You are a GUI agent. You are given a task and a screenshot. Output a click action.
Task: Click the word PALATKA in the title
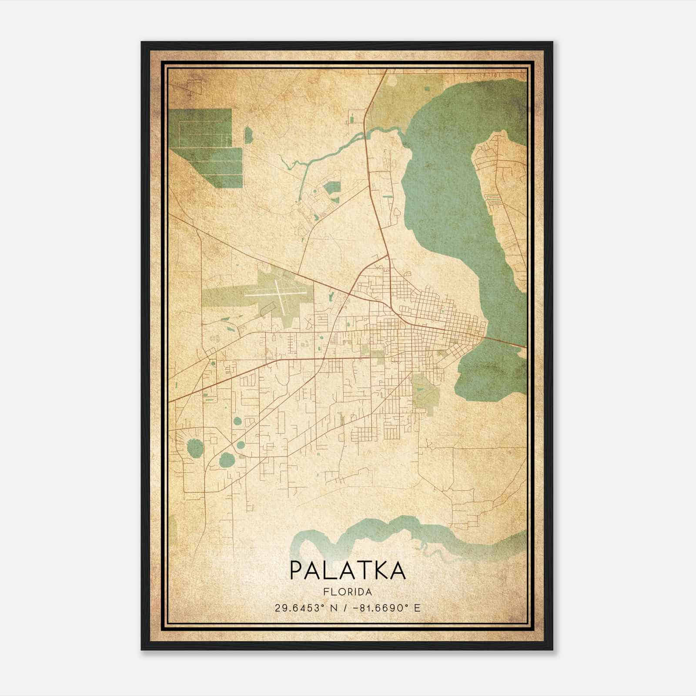(x=347, y=571)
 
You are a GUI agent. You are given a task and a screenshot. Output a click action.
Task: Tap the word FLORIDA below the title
(x=348, y=592)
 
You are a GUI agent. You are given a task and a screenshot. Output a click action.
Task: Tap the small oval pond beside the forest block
(x=248, y=135)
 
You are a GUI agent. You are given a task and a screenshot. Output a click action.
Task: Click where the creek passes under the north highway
(x=365, y=134)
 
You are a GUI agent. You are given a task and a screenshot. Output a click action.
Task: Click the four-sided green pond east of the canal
(x=333, y=188)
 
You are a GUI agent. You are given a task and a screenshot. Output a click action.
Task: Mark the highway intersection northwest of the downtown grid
(x=350, y=292)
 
